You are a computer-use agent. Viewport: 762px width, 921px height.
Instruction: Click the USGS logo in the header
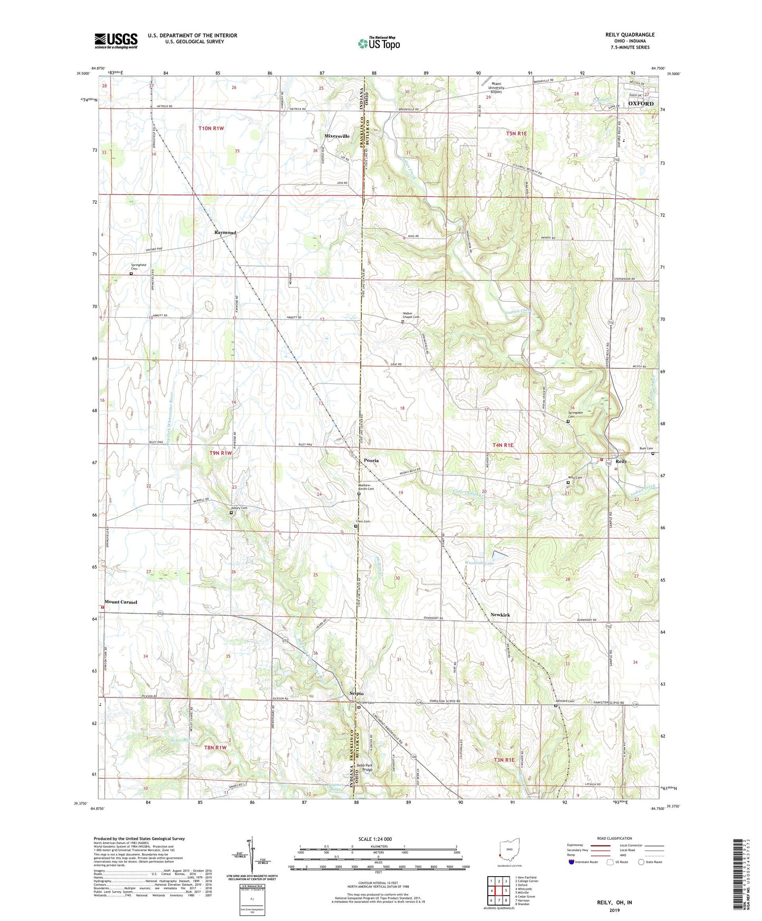(x=116, y=41)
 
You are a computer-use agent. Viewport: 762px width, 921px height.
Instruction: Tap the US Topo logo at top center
(x=379, y=44)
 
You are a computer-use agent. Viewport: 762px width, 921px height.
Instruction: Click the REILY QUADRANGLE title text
(x=630, y=35)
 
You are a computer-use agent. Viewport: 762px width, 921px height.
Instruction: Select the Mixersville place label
(x=337, y=136)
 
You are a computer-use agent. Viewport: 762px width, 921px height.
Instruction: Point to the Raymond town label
(x=225, y=233)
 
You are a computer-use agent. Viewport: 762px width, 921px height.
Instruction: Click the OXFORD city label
(x=641, y=103)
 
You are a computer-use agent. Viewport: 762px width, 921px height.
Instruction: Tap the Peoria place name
(x=371, y=460)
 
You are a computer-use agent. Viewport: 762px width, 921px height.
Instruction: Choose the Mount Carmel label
(x=121, y=602)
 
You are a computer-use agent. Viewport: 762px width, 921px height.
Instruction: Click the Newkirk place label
(x=500, y=615)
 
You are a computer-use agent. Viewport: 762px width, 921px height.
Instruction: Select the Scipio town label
(x=356, y=694)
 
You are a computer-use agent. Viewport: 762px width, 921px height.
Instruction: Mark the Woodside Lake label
(x=479, y=563)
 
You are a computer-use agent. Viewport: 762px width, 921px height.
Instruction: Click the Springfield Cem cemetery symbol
(x=131, y=273)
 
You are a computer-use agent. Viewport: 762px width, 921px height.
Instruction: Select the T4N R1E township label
(x=503, y=445)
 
